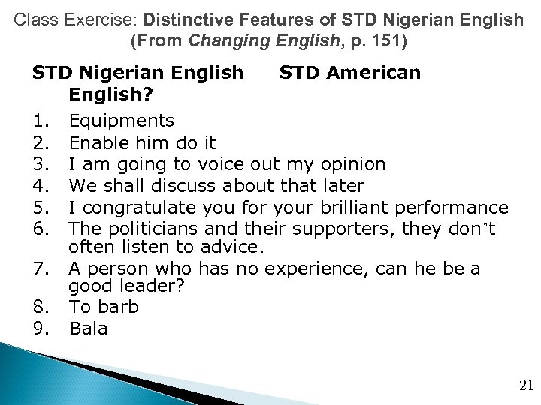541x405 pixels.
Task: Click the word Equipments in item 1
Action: tap(121, 121)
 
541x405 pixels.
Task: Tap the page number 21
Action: tap(525, 385)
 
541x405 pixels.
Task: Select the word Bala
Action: tap(89, 328)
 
